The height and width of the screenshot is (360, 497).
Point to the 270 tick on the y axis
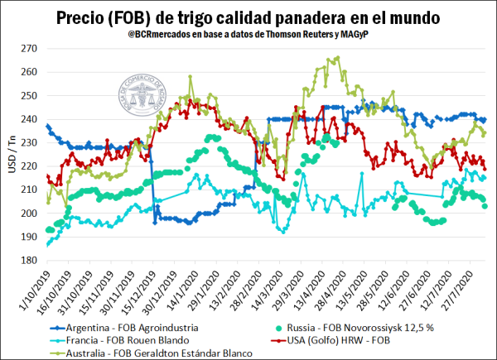29,48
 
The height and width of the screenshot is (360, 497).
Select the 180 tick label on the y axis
29,260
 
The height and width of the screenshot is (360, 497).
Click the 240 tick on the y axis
29,119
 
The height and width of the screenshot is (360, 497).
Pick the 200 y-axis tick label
29,213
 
